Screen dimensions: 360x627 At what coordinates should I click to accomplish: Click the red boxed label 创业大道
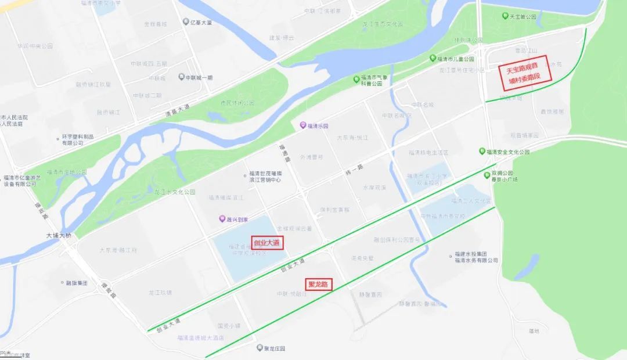click(268, 243)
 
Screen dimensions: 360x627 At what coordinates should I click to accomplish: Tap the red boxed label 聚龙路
click(318, 285)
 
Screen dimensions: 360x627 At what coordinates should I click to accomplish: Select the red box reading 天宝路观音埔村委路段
click(524, 76)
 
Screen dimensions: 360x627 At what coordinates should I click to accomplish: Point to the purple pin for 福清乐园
click(302, 125)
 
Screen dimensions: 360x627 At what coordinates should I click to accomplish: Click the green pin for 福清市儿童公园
click(433, 59)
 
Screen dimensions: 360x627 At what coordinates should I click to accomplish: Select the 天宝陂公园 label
click(522, 17)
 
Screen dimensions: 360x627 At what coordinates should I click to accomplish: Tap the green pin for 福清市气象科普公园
click(356, 78)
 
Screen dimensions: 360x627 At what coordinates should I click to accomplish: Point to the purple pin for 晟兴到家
click(221, 219)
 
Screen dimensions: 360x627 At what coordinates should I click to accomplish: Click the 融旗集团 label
click(76, 283)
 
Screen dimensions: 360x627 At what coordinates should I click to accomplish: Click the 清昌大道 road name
click(176, 109)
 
